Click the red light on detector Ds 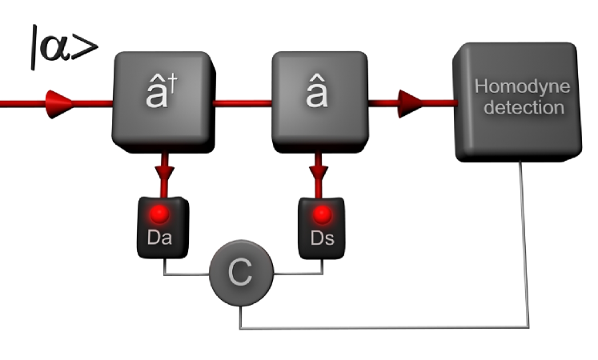[322, 214]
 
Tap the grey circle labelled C [241, 274]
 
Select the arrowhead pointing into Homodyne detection [411, 101]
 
